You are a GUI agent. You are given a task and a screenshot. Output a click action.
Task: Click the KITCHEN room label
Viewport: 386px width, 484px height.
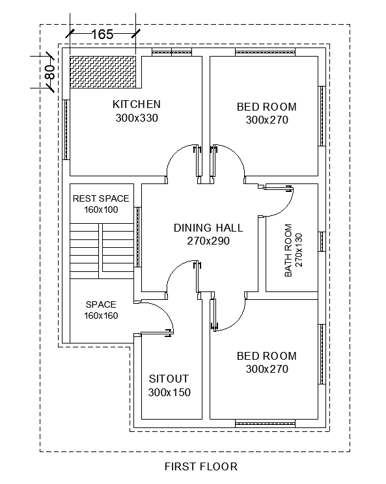137,104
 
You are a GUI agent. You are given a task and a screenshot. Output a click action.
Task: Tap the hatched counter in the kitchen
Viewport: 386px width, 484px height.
104,72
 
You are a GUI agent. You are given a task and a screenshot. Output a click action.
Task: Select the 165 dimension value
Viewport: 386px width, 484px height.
102,34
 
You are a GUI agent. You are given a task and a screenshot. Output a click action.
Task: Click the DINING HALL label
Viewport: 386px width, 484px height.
208,228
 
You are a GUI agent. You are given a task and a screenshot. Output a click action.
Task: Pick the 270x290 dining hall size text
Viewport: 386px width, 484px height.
208,241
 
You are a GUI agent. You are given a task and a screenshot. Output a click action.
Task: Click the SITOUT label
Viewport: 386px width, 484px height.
169,379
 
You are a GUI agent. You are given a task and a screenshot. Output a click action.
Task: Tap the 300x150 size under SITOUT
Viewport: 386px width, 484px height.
169,392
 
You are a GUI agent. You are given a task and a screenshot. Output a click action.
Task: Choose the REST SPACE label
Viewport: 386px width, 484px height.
101,198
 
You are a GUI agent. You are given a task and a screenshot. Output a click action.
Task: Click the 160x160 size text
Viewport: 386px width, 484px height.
101,316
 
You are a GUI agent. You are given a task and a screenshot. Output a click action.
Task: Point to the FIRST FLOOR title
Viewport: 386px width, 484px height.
201,466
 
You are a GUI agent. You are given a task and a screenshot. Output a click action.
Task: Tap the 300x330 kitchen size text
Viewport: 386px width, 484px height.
137,118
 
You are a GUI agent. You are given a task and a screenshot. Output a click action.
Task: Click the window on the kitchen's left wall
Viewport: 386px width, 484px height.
66,130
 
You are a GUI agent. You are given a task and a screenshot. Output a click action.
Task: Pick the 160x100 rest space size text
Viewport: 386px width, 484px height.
101,209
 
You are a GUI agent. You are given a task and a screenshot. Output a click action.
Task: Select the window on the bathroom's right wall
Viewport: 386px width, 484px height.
321,241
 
